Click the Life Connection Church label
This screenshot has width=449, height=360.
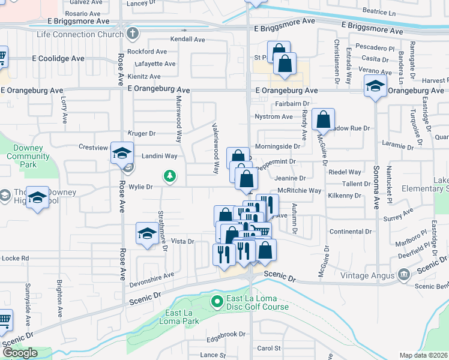click(80, 34)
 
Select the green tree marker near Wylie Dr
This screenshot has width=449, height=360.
click(170, 176)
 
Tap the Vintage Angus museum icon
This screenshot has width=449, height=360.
click(403, 275)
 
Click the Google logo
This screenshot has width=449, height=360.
click(20, 353)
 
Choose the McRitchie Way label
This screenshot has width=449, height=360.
click(300, 190)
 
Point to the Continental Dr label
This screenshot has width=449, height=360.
click(351, 231)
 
